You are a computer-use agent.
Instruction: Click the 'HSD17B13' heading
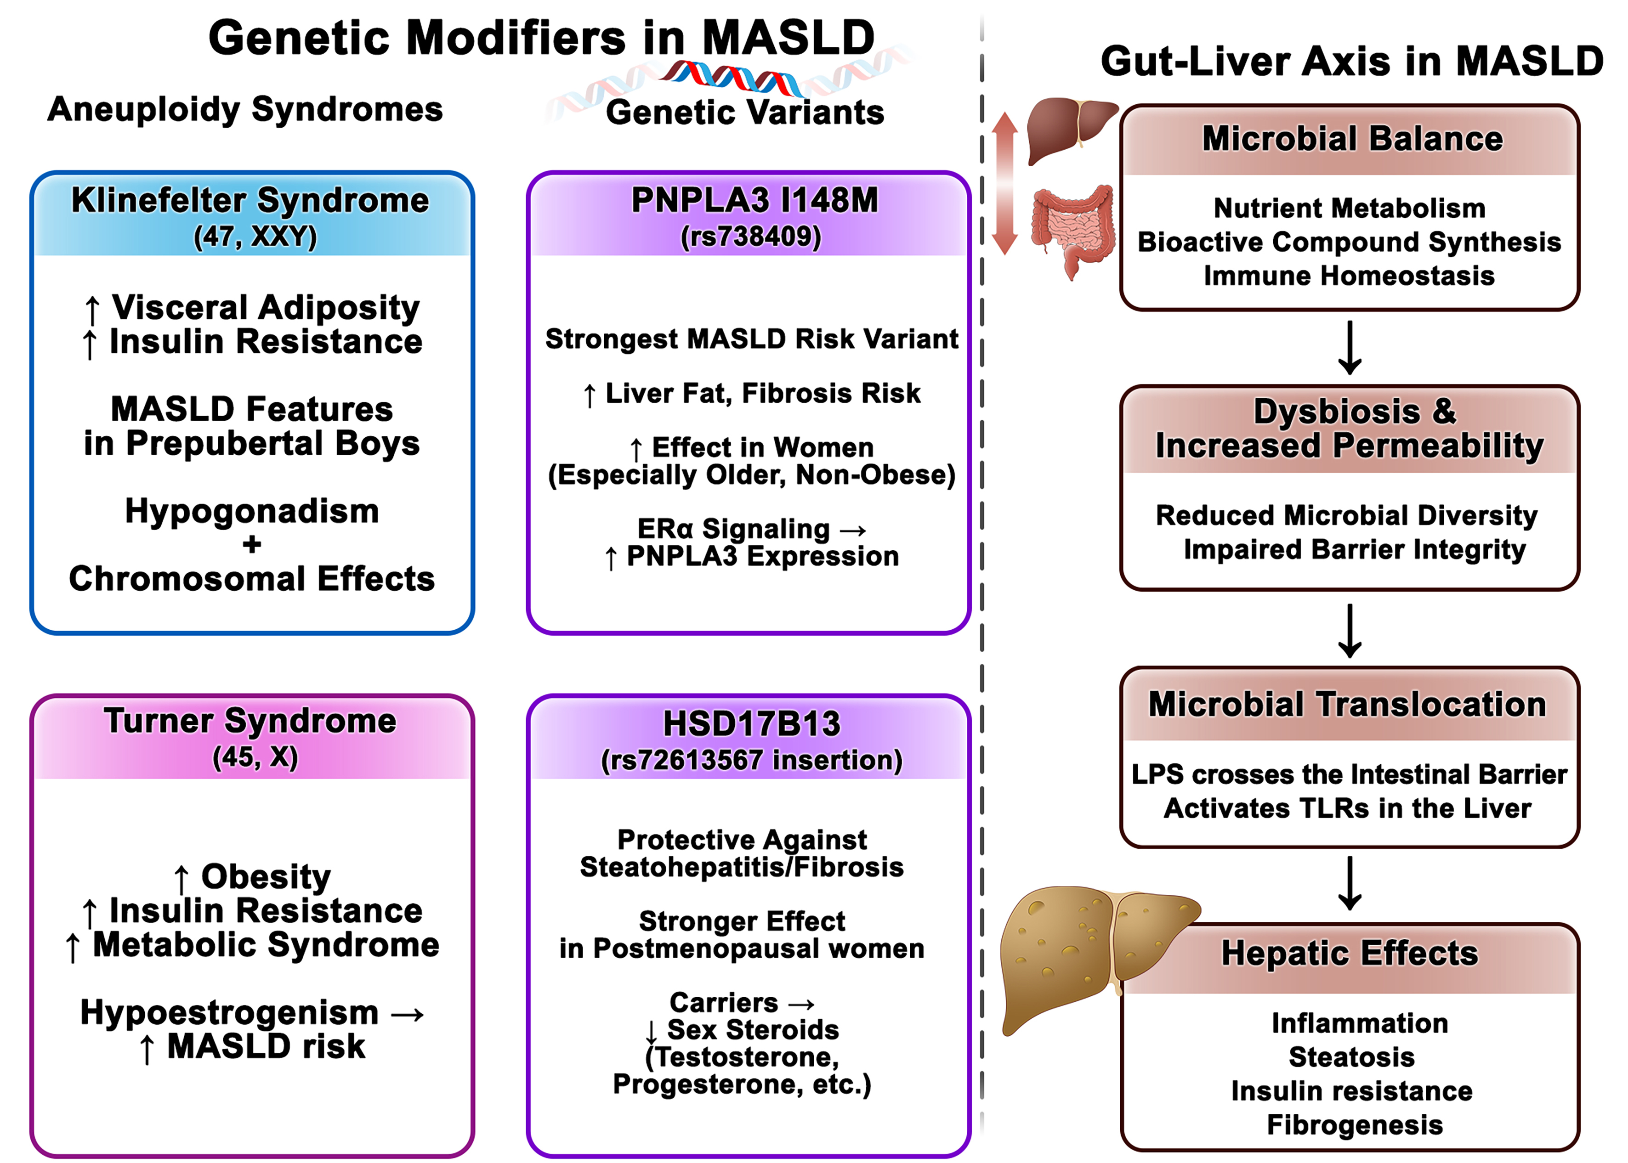point(751,723)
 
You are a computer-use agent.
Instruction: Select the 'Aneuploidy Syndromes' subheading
point(245,110)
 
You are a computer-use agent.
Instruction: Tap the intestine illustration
point(1072,229)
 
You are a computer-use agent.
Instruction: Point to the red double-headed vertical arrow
point(1005,183)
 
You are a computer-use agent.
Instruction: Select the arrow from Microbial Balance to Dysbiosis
point(1350,348)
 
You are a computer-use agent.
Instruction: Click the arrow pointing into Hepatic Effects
point(1350,883)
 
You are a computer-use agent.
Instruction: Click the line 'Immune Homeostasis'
point(1349,276)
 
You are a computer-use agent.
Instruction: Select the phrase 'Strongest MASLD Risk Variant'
point(751,339)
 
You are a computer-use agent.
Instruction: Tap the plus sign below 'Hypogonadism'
point(251,545)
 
